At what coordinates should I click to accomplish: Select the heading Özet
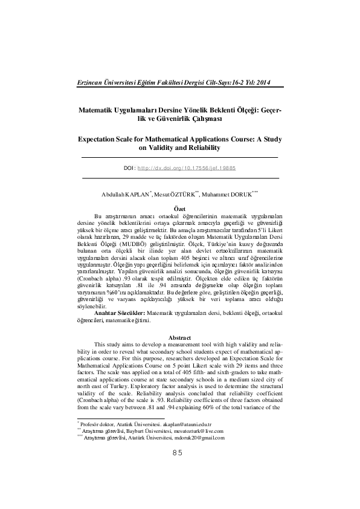pos(179,209)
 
